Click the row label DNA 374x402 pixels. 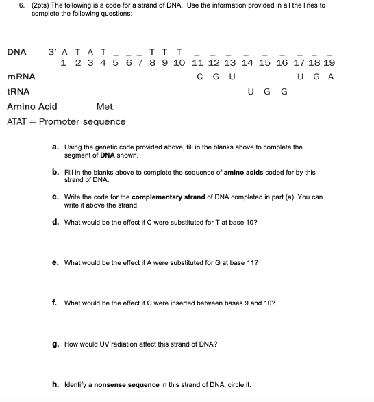(x=16, y=52)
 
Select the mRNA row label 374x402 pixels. (x=21, y=77)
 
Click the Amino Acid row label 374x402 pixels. (x=32, y=107)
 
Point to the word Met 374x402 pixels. (x=105, y=107)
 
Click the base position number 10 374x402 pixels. (x=179, y=63)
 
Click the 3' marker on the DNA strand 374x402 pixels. (x=53, y=52)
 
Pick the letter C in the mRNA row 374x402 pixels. (x=200, y=77)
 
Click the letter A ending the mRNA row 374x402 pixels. (x=330, y=77)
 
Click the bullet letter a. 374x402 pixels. (x=55, y=147)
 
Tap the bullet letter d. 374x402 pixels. (x=55, y=223)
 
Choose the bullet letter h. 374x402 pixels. (x=55, y=384)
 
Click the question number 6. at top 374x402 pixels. (x=10, y=5)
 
